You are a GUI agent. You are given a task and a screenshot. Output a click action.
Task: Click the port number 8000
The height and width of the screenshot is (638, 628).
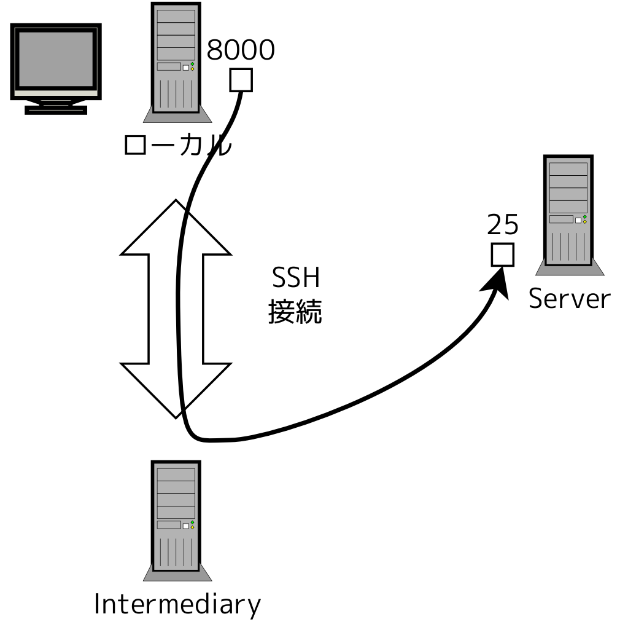(x=240, y=51)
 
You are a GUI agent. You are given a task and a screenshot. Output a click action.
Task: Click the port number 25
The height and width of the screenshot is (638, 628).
(x=502, y=226)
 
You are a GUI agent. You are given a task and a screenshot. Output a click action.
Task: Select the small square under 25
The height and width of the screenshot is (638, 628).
(x=502, y=254)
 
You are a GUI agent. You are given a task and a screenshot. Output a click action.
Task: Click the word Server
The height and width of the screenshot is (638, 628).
(x=569, y=299)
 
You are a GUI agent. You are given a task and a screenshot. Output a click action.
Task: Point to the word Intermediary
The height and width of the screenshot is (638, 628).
(x=177, y=605)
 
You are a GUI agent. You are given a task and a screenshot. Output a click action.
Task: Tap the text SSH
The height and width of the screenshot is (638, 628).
(x=296, y=280)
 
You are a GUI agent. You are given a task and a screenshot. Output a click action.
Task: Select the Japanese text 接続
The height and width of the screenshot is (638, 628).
(x=295, y=313)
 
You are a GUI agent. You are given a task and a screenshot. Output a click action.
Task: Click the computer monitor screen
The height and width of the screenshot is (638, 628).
(x=56, y=60)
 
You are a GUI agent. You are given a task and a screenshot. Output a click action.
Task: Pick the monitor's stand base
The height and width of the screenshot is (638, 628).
(x=56, y=110)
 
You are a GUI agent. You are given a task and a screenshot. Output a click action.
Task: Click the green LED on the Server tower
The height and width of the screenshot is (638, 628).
(x=584, y=217)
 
